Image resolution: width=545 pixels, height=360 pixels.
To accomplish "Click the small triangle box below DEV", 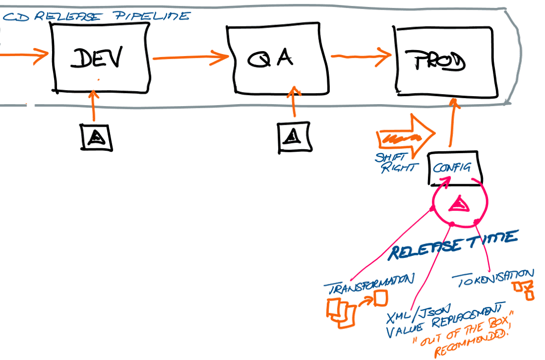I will (x=96, y=137).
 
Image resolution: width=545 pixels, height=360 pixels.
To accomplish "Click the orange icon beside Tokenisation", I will (x=522, y=289).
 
